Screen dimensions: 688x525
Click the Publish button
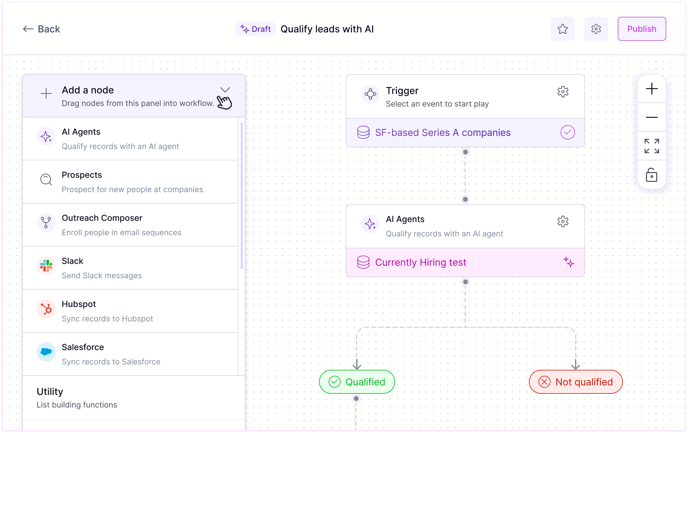pyautogui.click(x=641, y=29)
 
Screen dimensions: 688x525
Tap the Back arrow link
pyautogui.click(x=41, y=29)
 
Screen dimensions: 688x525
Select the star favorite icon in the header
pyautogui.click(x=562, y=29)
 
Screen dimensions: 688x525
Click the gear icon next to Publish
pyautogui.click(x=596, y=29)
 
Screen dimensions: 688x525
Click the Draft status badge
pyautogui.click(x=255, y=29)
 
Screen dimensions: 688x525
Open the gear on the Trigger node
pyautogui.click(x=563, y=92)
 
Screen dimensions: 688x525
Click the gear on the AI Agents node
pyautogui.click(x=563, y=221)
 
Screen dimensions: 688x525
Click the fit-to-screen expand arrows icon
pyautogui.click(x=651, y=146)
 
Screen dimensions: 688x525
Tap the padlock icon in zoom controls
pyautogui.click(x=651, y=175)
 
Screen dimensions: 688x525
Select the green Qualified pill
pyautogui.click(x=357, y=382)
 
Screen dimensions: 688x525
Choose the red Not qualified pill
pyautogui.click(x=575, y=382)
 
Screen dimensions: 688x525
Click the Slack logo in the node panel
pyautogui.click(x=46, y=266)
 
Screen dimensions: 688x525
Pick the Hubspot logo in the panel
pyautogui.click(x=46, y=309)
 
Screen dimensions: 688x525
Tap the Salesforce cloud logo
pyautogui.click(x=46, y=352)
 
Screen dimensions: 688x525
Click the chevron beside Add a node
pyautogui.click(x=225, y=90)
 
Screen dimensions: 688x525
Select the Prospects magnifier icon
pyautogui.click(x=46, y=179)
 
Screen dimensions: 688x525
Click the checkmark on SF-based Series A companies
pyautogui.click(x=567, y=132)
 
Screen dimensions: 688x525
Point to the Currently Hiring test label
pyautogui.click(x=420, y=262)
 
